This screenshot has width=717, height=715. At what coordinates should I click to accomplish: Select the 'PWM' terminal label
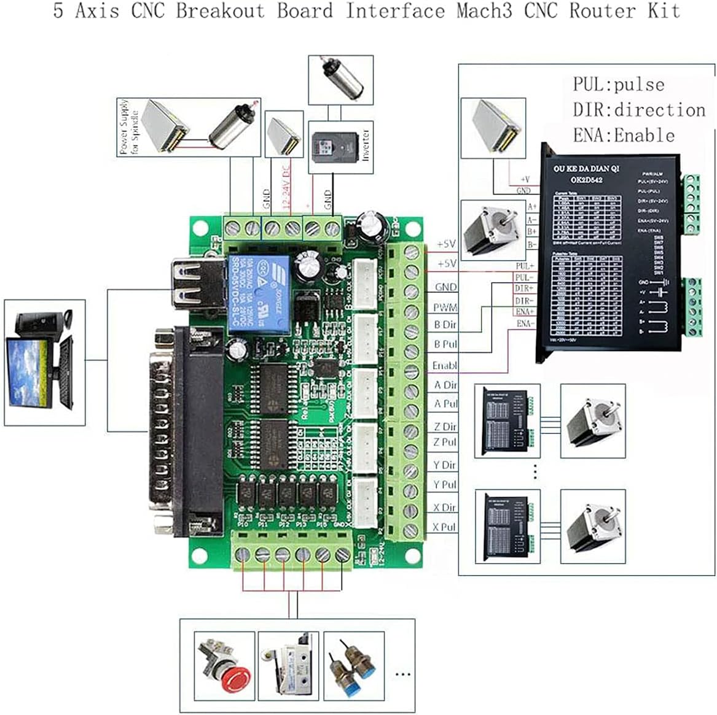tap(445, 307)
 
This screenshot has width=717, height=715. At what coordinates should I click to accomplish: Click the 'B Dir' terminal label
tap(445, 325)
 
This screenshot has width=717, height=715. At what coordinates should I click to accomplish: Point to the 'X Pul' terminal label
tap(444, 527)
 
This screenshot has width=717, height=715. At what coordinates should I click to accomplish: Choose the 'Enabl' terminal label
tap(444, 365)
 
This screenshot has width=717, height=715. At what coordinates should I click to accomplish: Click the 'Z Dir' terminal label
tap(445, 427)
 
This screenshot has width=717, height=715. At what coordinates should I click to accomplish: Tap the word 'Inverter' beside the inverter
tap(366, 145)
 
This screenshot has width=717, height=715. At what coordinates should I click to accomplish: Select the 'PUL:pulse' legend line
tap(618, 84)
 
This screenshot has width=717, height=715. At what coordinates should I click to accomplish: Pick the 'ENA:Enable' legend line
tap(623, 135)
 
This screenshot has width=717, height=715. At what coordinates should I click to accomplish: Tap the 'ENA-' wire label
tap(525, 323)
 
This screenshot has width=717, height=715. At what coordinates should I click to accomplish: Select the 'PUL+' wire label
tap(525, 266)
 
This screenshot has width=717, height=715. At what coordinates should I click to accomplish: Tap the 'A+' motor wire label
tap(531, 207)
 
